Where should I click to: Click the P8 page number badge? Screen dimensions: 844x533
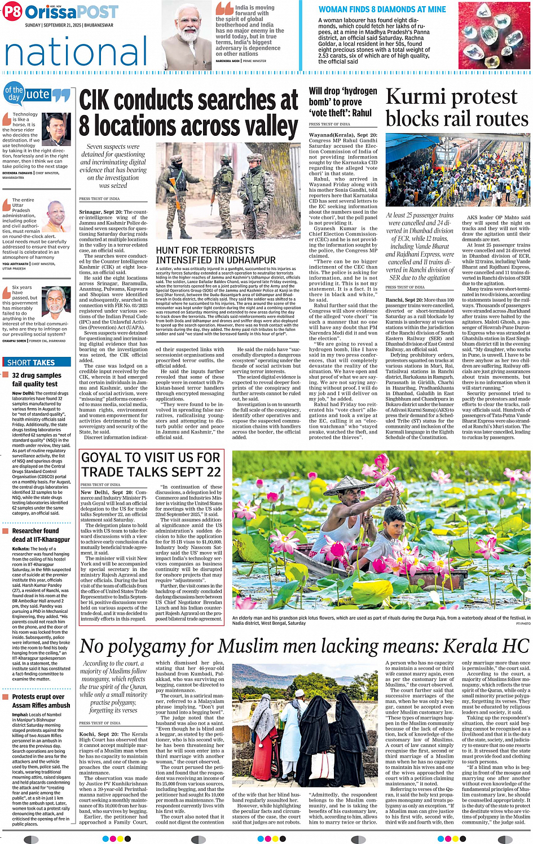pos(12,12)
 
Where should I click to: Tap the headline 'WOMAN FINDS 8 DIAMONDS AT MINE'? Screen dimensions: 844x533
pos(382,9)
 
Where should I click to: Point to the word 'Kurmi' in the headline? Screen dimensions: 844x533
pos(420,98)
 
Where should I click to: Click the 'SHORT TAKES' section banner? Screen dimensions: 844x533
pos(31,363)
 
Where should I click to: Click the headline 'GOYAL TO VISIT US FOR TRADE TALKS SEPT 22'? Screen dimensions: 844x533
pos(151,464)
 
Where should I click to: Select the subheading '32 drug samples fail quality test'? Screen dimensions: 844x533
pos(36,379)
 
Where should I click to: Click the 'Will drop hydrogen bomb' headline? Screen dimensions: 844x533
pos(343,101)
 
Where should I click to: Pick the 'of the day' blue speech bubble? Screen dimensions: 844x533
pos(14,94)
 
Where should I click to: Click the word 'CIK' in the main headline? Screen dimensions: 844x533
pos(104,100)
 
